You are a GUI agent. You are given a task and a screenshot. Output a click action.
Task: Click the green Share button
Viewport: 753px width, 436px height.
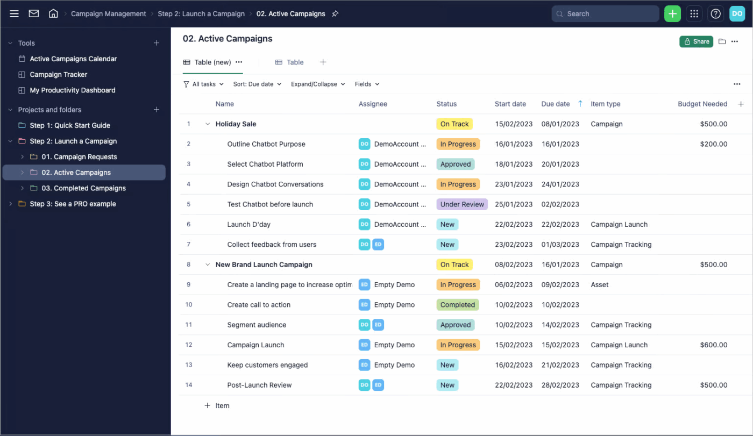[x=696, y=41]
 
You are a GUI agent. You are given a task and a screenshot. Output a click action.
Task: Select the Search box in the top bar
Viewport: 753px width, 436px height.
[x=605, y=14]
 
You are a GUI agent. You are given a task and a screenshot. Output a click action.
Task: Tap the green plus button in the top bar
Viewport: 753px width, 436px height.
[x=672, y=14]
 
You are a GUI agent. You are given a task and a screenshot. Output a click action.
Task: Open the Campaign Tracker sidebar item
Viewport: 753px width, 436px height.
[x=58, y=75]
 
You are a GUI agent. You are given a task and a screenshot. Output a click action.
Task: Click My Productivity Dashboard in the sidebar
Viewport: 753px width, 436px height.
[x=72, y=90]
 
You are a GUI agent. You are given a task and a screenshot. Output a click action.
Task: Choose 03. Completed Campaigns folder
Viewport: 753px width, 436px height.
[x=83, y=188]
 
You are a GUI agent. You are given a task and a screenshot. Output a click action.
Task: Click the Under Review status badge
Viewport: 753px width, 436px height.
[x=461, y=204]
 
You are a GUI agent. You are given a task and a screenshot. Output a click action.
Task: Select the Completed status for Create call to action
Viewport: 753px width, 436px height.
[x=457, y=305]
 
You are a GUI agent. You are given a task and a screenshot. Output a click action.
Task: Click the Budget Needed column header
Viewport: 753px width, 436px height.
[x=702, y=104]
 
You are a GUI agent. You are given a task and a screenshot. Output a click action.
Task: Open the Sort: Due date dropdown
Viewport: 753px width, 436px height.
[x=257, y=84]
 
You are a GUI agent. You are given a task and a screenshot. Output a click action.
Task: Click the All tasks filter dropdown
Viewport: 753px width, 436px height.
[x=203, y=84]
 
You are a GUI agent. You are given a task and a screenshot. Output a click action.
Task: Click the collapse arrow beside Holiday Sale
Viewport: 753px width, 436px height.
[x=207, y=124]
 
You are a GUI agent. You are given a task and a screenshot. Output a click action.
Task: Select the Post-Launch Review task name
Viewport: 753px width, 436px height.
[x=259, y=385]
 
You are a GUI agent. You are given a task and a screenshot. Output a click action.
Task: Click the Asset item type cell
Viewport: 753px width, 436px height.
[x=599, y=285]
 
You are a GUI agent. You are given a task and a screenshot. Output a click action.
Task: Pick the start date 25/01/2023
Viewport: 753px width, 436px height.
[x=513, y=204]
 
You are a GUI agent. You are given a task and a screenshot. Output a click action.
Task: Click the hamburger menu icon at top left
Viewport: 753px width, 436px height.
[x=14, y=14]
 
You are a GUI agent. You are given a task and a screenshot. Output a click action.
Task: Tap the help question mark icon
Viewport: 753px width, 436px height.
[x=715, y=14]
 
